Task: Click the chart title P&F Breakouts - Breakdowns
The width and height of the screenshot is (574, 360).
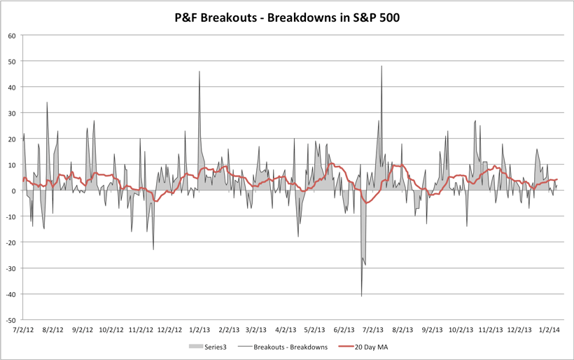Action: (x=287, y=18)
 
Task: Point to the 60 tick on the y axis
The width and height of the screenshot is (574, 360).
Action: (x=12, y=35)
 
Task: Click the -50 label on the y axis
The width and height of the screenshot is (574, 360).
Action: (x=10, y=319)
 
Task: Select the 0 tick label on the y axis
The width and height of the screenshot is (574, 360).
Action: (x=14, y=191)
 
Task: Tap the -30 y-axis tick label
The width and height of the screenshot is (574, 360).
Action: (x=10, y=268)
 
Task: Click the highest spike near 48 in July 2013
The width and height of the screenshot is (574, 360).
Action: (x=381, y=67)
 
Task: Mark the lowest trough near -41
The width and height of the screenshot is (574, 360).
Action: (x=362, y=296)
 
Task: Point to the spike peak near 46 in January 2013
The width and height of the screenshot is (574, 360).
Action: (x=199, y=71)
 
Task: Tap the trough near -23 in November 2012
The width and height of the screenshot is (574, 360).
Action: (x=153, y=249)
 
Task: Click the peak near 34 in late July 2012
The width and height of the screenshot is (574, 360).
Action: (x=47, y=103)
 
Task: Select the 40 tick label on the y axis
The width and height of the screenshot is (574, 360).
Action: (x=12, y=87)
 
